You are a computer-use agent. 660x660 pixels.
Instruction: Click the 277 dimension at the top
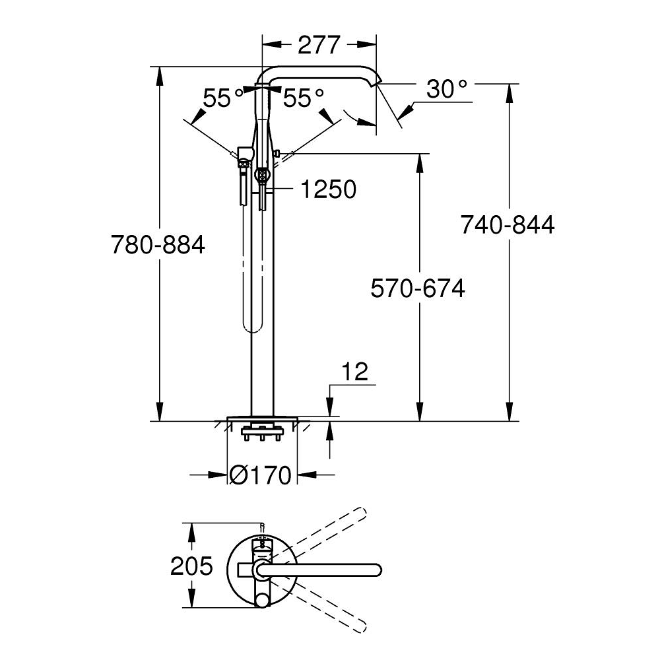point(319,45)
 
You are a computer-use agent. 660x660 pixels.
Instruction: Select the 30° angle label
point(446,88)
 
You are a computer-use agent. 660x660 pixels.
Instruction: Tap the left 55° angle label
point(223,99)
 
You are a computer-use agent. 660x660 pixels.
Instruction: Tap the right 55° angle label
point(304,99)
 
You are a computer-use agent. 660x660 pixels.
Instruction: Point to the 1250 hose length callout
point(328,190)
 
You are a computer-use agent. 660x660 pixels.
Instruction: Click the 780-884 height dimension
point(158,246)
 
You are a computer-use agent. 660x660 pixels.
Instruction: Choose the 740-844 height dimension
point(508,225)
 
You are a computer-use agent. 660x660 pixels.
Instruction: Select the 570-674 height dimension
point(418,288)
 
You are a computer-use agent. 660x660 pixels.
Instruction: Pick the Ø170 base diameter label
point(261,475)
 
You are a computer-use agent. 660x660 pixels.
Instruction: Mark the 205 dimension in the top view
point(192,566)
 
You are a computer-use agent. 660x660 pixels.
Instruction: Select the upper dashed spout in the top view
point(330,528)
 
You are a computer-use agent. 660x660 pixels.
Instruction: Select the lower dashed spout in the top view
point(330,604)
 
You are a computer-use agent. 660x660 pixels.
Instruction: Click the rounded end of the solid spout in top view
point(376,569)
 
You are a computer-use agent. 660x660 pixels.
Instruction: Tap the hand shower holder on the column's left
point(244,154)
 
